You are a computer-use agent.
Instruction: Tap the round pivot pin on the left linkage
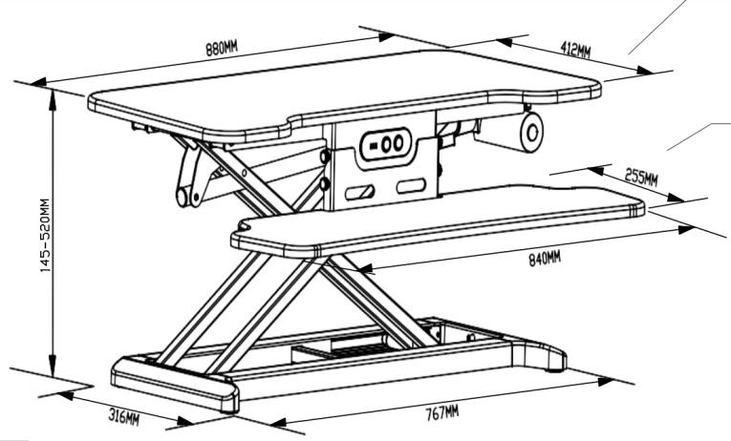(x=180, y=198)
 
